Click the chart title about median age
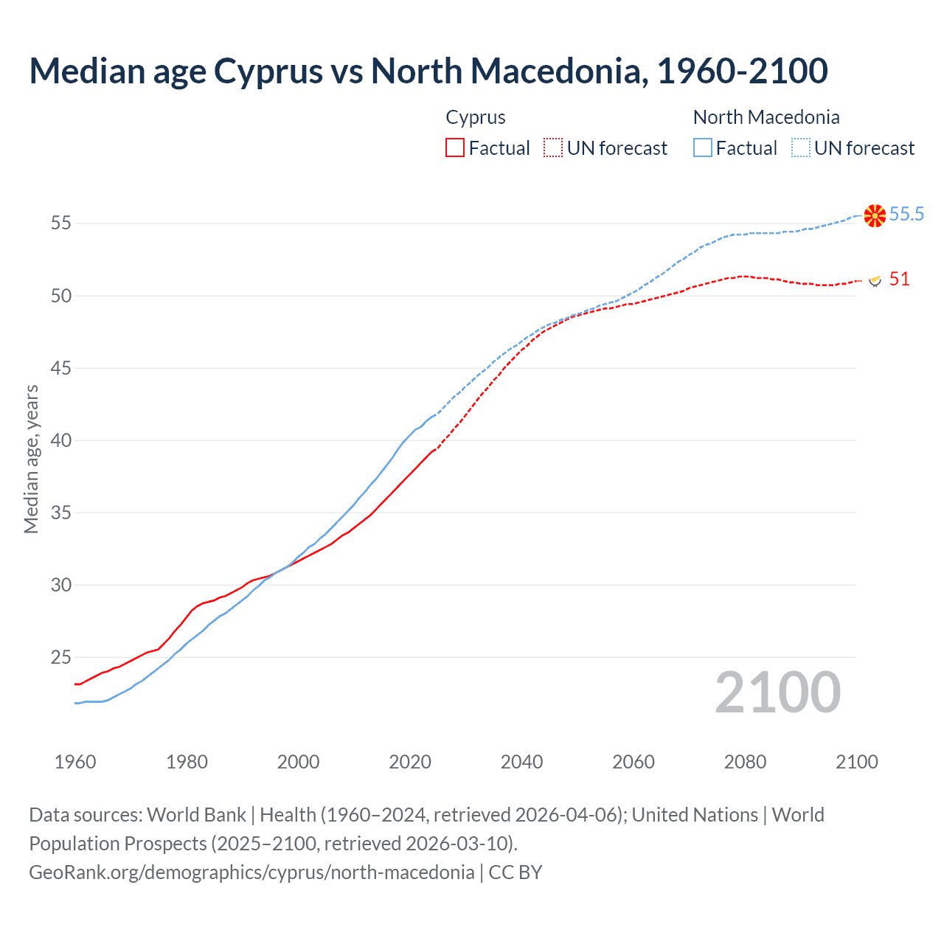pos(428,71)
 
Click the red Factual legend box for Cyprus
pos(455,147)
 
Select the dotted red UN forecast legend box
pos(553,147)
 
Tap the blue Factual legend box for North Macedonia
pos(703,147)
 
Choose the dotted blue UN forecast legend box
pos(801,147)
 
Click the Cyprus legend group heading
pos(476,117)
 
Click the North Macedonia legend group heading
pos(766,117)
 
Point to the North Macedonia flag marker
pos(875,215)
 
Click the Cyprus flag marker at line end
pos(875,280)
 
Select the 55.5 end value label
pos(906,214)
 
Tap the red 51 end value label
pos(899,279)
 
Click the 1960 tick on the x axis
pos(75,761)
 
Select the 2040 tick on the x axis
pos(521,761)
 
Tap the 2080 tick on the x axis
pos(745,761)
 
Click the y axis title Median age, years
pos(31,459)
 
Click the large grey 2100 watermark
pos(777,692)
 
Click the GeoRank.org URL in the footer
pos(251,872)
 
